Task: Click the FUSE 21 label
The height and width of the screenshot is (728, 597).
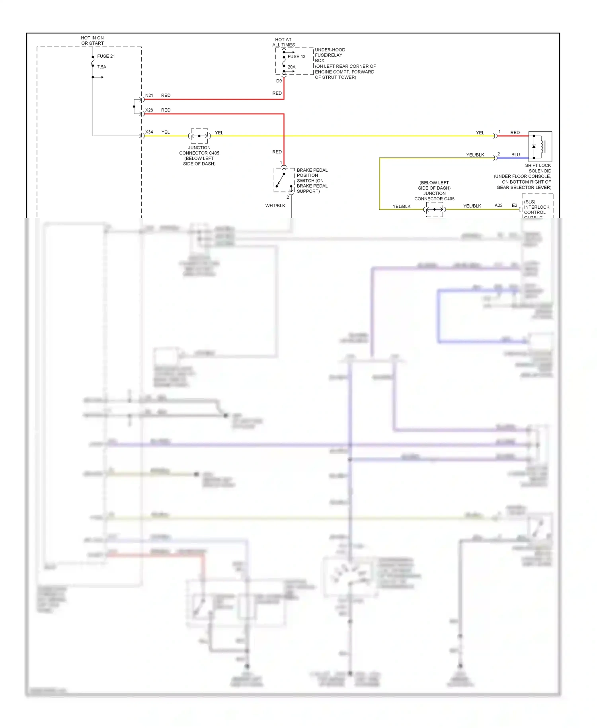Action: point(106,56)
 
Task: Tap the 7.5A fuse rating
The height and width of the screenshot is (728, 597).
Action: point(101,67)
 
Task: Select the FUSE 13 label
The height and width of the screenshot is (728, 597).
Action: point(297,57)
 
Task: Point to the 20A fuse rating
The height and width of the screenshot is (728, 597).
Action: point(291,67)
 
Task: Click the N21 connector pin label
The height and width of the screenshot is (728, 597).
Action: point(149,96)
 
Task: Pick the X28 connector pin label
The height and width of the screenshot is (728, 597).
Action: point(149,110)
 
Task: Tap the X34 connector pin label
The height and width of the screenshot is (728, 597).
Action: point(149,132)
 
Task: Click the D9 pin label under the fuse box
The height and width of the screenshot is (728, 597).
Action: point(279,81)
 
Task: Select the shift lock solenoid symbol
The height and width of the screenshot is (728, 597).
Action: point(540,147)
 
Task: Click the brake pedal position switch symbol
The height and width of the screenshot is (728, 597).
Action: point(284,180)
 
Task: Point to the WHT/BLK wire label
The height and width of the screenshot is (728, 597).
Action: point(275,206)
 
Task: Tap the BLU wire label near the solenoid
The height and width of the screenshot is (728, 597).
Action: point(515,155)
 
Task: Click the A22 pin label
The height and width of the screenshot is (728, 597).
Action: point(498,205)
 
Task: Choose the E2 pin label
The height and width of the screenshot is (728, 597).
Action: point(514,205)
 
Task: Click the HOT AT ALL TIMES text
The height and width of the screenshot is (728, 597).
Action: point(283,42)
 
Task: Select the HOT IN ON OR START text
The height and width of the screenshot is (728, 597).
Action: point(92,41)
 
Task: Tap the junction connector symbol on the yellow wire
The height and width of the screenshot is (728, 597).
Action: point(199,136)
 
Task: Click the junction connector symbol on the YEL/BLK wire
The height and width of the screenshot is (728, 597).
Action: point(434,209)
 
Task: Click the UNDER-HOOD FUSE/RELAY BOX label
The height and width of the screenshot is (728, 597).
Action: point(330,55)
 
